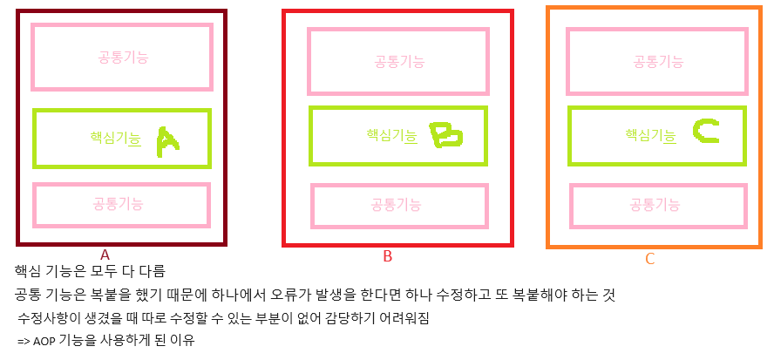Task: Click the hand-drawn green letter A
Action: click(166, 141)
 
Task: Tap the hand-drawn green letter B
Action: click(445, 135)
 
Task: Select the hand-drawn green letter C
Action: click(706, 132)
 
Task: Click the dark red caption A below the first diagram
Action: click(105, 255)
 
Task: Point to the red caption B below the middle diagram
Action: click(387, 256)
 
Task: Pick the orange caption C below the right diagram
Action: click(649, 259)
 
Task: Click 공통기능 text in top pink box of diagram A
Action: click(123, 58)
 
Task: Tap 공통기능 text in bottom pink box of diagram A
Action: click(119, 204)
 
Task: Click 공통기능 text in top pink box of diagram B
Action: click(399, 61)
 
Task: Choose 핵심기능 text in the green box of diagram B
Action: click(391, 135)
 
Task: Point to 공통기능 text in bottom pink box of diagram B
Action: click(397, 205)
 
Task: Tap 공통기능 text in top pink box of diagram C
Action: click(658, 61)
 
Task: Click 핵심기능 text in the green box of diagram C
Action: click(650, 135)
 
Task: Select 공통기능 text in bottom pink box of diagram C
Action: click(655, 205)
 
